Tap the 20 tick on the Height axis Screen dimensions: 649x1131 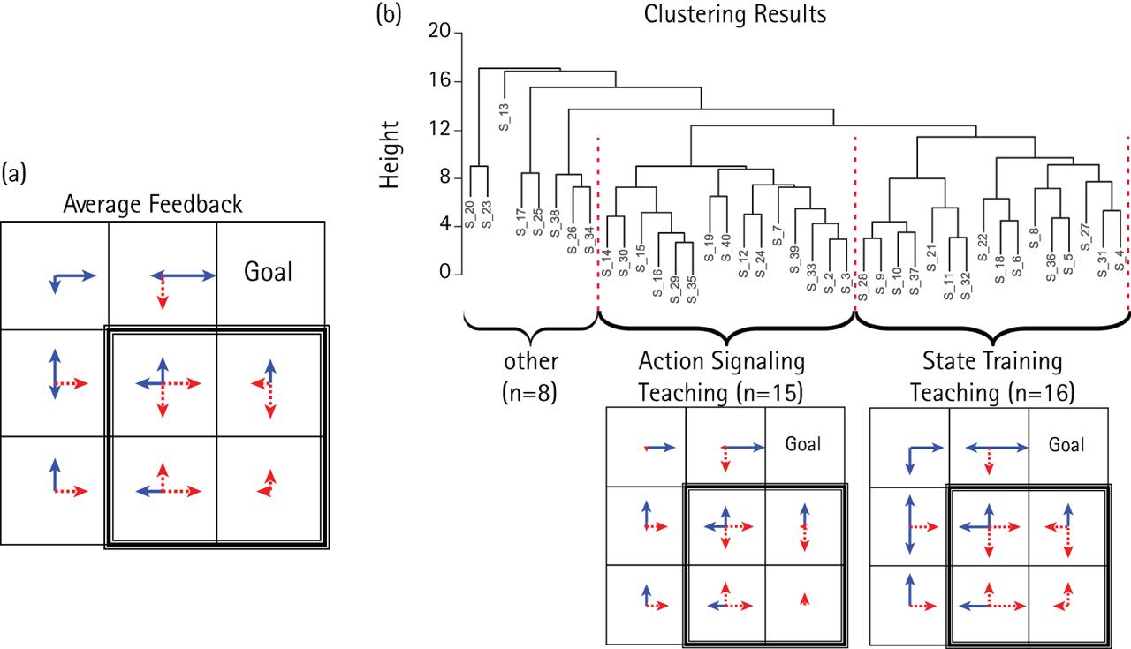(x=438, y=33)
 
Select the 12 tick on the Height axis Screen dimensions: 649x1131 (x=438, y=130)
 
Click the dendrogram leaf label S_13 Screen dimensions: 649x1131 (x=505, y=117)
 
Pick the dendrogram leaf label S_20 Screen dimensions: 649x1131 (x=469, y=216)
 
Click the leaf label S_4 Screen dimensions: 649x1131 (x=1120, y=261)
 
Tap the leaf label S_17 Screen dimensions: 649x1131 (x=521, y=219)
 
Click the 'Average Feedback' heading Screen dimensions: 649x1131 (x=153, y=205)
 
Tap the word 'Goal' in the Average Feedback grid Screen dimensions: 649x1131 (x=269, y=270)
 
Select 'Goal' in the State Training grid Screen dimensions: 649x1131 (x=1066, y=444)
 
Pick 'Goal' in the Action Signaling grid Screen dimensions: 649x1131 (x=803, y=444)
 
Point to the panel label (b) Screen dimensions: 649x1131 (x=389, y=14)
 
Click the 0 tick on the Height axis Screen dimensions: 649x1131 (x=444, y=275)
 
